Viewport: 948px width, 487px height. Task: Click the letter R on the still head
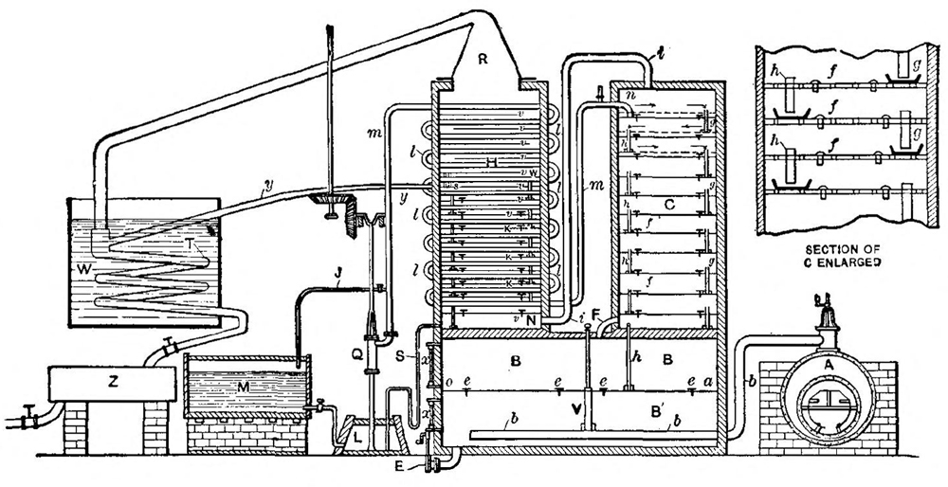(483, 60)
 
